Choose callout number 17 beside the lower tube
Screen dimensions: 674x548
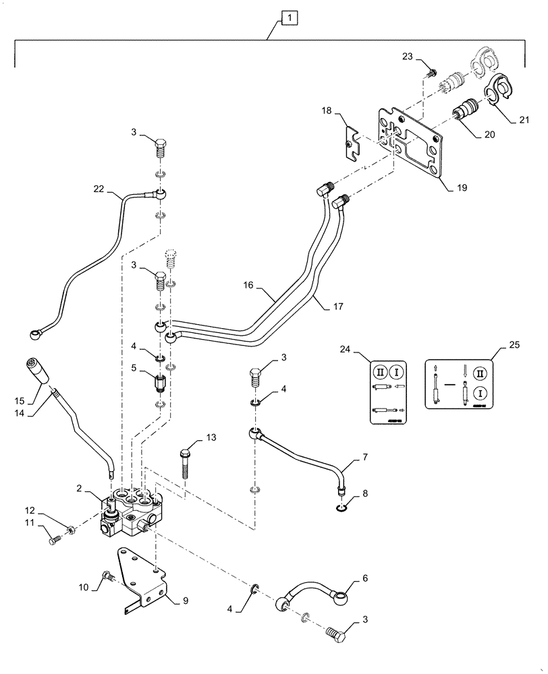338,305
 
